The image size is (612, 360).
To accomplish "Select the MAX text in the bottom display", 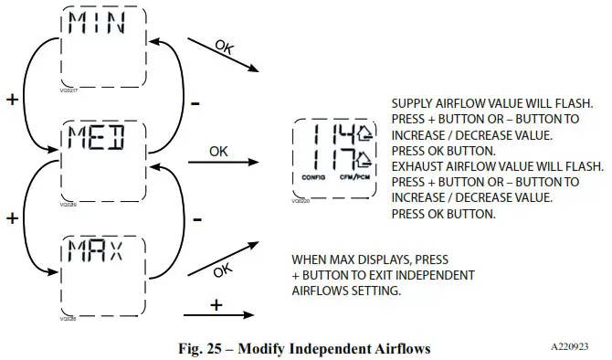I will [100, 250].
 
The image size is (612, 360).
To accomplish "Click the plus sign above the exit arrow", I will [216, 304].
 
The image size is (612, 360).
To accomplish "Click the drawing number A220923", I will [575, 347].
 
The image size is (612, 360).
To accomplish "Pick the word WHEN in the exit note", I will [308, 259].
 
